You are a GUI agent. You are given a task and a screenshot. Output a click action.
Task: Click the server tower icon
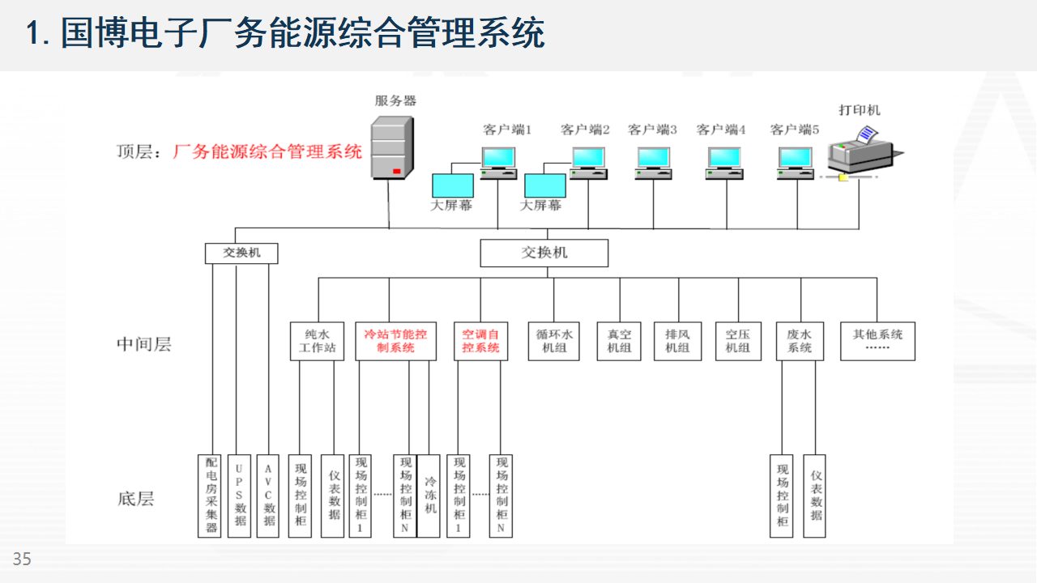point(390,147)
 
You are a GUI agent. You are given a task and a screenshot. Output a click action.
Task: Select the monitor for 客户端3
point(653,161)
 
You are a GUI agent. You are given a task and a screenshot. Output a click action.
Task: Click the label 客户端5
point(795,130)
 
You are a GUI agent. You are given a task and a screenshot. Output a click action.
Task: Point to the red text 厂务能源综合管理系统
point(267,151)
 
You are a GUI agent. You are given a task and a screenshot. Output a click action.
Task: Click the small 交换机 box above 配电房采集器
point(241,253)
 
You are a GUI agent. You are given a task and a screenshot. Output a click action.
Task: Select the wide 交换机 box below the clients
point(544,253)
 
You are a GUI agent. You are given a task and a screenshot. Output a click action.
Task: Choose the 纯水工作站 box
point(312,341)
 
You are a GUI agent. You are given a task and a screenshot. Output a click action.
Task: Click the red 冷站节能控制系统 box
point(395,341)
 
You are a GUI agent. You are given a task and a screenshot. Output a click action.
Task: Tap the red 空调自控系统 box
point(480,341)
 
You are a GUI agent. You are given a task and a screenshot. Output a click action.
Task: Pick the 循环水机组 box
point(553,341)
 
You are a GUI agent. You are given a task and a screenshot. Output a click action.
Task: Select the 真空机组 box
point(619,341)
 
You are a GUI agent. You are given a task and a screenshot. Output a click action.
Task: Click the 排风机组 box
point(677,341)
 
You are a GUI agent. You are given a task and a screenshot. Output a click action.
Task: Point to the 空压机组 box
point(738,341)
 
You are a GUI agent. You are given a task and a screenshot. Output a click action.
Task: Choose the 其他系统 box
point(877,341)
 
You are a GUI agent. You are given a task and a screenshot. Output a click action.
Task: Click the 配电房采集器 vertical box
point(210,495)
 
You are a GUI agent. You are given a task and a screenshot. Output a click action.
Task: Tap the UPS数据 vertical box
point(240,495)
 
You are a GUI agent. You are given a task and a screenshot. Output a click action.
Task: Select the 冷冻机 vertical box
point(429,495)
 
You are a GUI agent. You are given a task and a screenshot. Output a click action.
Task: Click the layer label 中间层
point(143,344)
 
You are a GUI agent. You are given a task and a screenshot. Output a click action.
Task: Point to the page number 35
point(22,559)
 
